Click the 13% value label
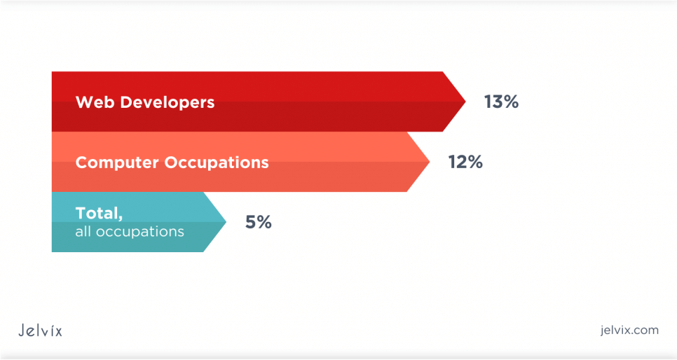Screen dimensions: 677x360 pyautogui.click(x=501, y=102)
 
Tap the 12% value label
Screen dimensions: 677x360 pyautogui.click(x=465, y=162)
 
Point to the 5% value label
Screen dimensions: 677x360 pyautogui.click(x=259, y=222)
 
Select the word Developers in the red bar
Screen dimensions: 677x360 pyautogui.click(x=167, y=103)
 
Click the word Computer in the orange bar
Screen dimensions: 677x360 pyautogui.click(x=117, y=163)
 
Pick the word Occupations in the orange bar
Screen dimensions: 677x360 pyautogui.click(x=217, y=163)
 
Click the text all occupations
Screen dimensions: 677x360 pyautogui.click(x=130, y=232)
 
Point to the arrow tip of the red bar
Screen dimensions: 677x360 pyautogui.click(x=465, y=102)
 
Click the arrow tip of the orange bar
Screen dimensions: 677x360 pyautogui.click(x=430, y=162)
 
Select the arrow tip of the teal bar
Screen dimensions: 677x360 pyautogui.click(x=226, y=222)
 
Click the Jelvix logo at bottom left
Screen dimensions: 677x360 pyautogui.click(x=40, y=331)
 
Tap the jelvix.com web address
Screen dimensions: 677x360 pyautogui.click(x=629, y=330)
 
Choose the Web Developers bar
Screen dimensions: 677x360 pyautogui.click(x=259, y=102)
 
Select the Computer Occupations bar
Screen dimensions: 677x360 pyautogui.click(x=240, y=162)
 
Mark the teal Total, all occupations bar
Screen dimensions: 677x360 pyautogui.click(x=139, y=222)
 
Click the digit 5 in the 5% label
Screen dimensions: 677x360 pyautogui.click(x=251, y=222)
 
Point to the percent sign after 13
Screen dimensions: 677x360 pyautogui.click(x=511, y=102)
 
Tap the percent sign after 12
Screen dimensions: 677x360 pyautogui.click(x=475, y=162)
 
